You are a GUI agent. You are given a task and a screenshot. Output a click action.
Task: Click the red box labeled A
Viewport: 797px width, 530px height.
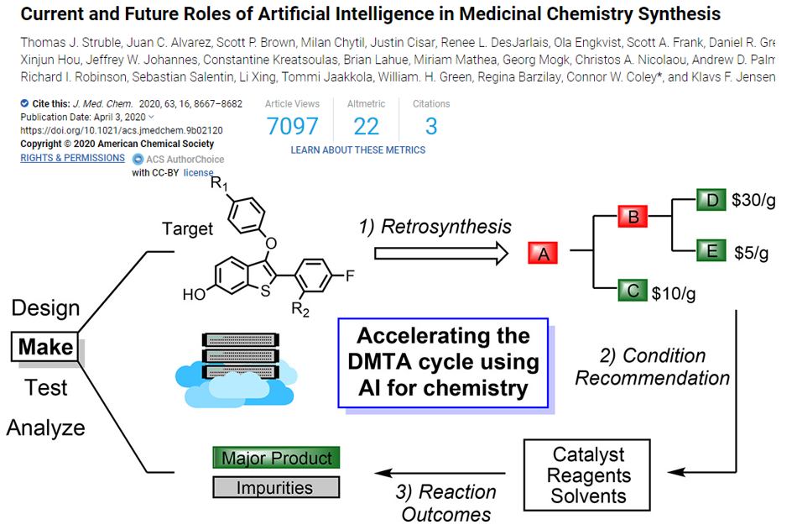coord(543,252)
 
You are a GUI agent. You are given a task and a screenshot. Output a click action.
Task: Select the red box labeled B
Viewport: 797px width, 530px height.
coord(634,217)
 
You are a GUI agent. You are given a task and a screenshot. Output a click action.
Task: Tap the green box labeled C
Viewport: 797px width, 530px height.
coord(631,291)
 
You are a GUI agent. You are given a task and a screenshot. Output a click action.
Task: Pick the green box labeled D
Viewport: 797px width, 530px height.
coord(712,201)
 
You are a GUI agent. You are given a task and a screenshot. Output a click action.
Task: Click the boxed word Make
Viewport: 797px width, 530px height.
coord(45,346)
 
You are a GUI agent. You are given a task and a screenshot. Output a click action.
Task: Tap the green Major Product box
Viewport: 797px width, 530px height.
coord(276,458)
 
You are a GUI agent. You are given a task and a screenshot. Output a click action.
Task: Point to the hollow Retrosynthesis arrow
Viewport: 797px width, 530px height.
coord(441,251)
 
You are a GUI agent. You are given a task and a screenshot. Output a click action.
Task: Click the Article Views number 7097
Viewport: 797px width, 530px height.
coord(292,126)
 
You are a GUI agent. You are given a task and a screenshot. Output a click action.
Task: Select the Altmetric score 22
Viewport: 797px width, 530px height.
coord(366,126)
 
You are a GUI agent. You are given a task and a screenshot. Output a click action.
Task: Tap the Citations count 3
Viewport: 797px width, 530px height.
coord(431,126)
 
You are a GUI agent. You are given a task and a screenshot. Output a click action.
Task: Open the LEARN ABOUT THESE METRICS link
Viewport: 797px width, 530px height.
coord(358,150)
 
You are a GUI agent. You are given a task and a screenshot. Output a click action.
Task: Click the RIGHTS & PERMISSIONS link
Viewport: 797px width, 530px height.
coord(72,157)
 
